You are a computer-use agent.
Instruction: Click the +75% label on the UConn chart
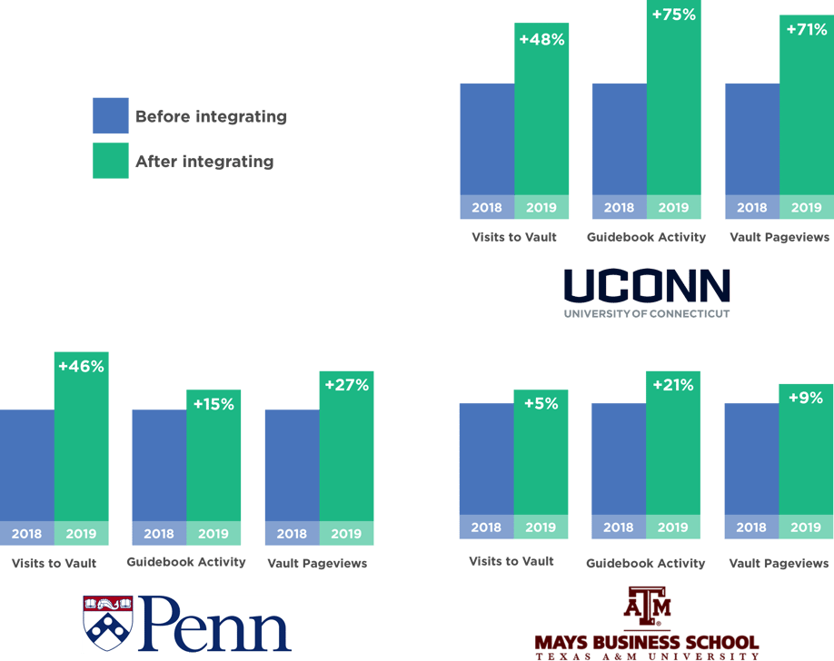point(673,15)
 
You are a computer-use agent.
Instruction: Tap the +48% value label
point(541,40)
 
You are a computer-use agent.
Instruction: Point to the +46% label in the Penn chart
point(81,367)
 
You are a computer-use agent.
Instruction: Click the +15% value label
point(213,404)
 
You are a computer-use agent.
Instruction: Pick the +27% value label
point(346,385)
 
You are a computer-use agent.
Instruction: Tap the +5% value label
point(541,403)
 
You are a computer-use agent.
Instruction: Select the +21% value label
point(673,385)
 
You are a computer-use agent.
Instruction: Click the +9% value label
point(806,397)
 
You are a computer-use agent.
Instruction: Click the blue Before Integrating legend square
point(111,116)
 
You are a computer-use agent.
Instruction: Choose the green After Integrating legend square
point(111,162)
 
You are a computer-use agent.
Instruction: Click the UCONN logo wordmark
point(646,286)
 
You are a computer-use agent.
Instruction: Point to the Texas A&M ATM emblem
point(647,606)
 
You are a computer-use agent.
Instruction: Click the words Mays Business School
point(646,641)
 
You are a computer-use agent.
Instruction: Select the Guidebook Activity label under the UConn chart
point(646,237)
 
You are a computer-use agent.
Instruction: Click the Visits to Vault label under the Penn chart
point(54,563)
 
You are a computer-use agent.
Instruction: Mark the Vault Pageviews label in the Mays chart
point(779,563)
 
